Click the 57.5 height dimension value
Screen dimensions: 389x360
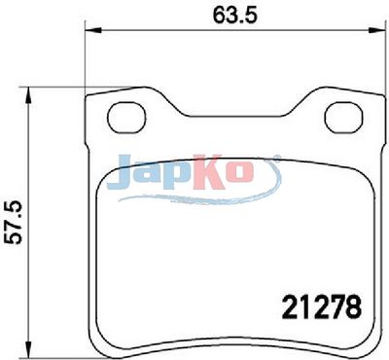tap(14, 222)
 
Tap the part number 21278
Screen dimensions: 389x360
tap(322, 306)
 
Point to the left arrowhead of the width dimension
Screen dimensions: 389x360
tap(93, 30)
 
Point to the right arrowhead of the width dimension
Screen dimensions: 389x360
tap(376, 30)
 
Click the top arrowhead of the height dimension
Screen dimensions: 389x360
tap(29, 95)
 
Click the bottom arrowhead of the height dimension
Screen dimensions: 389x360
tap(29, 349)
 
